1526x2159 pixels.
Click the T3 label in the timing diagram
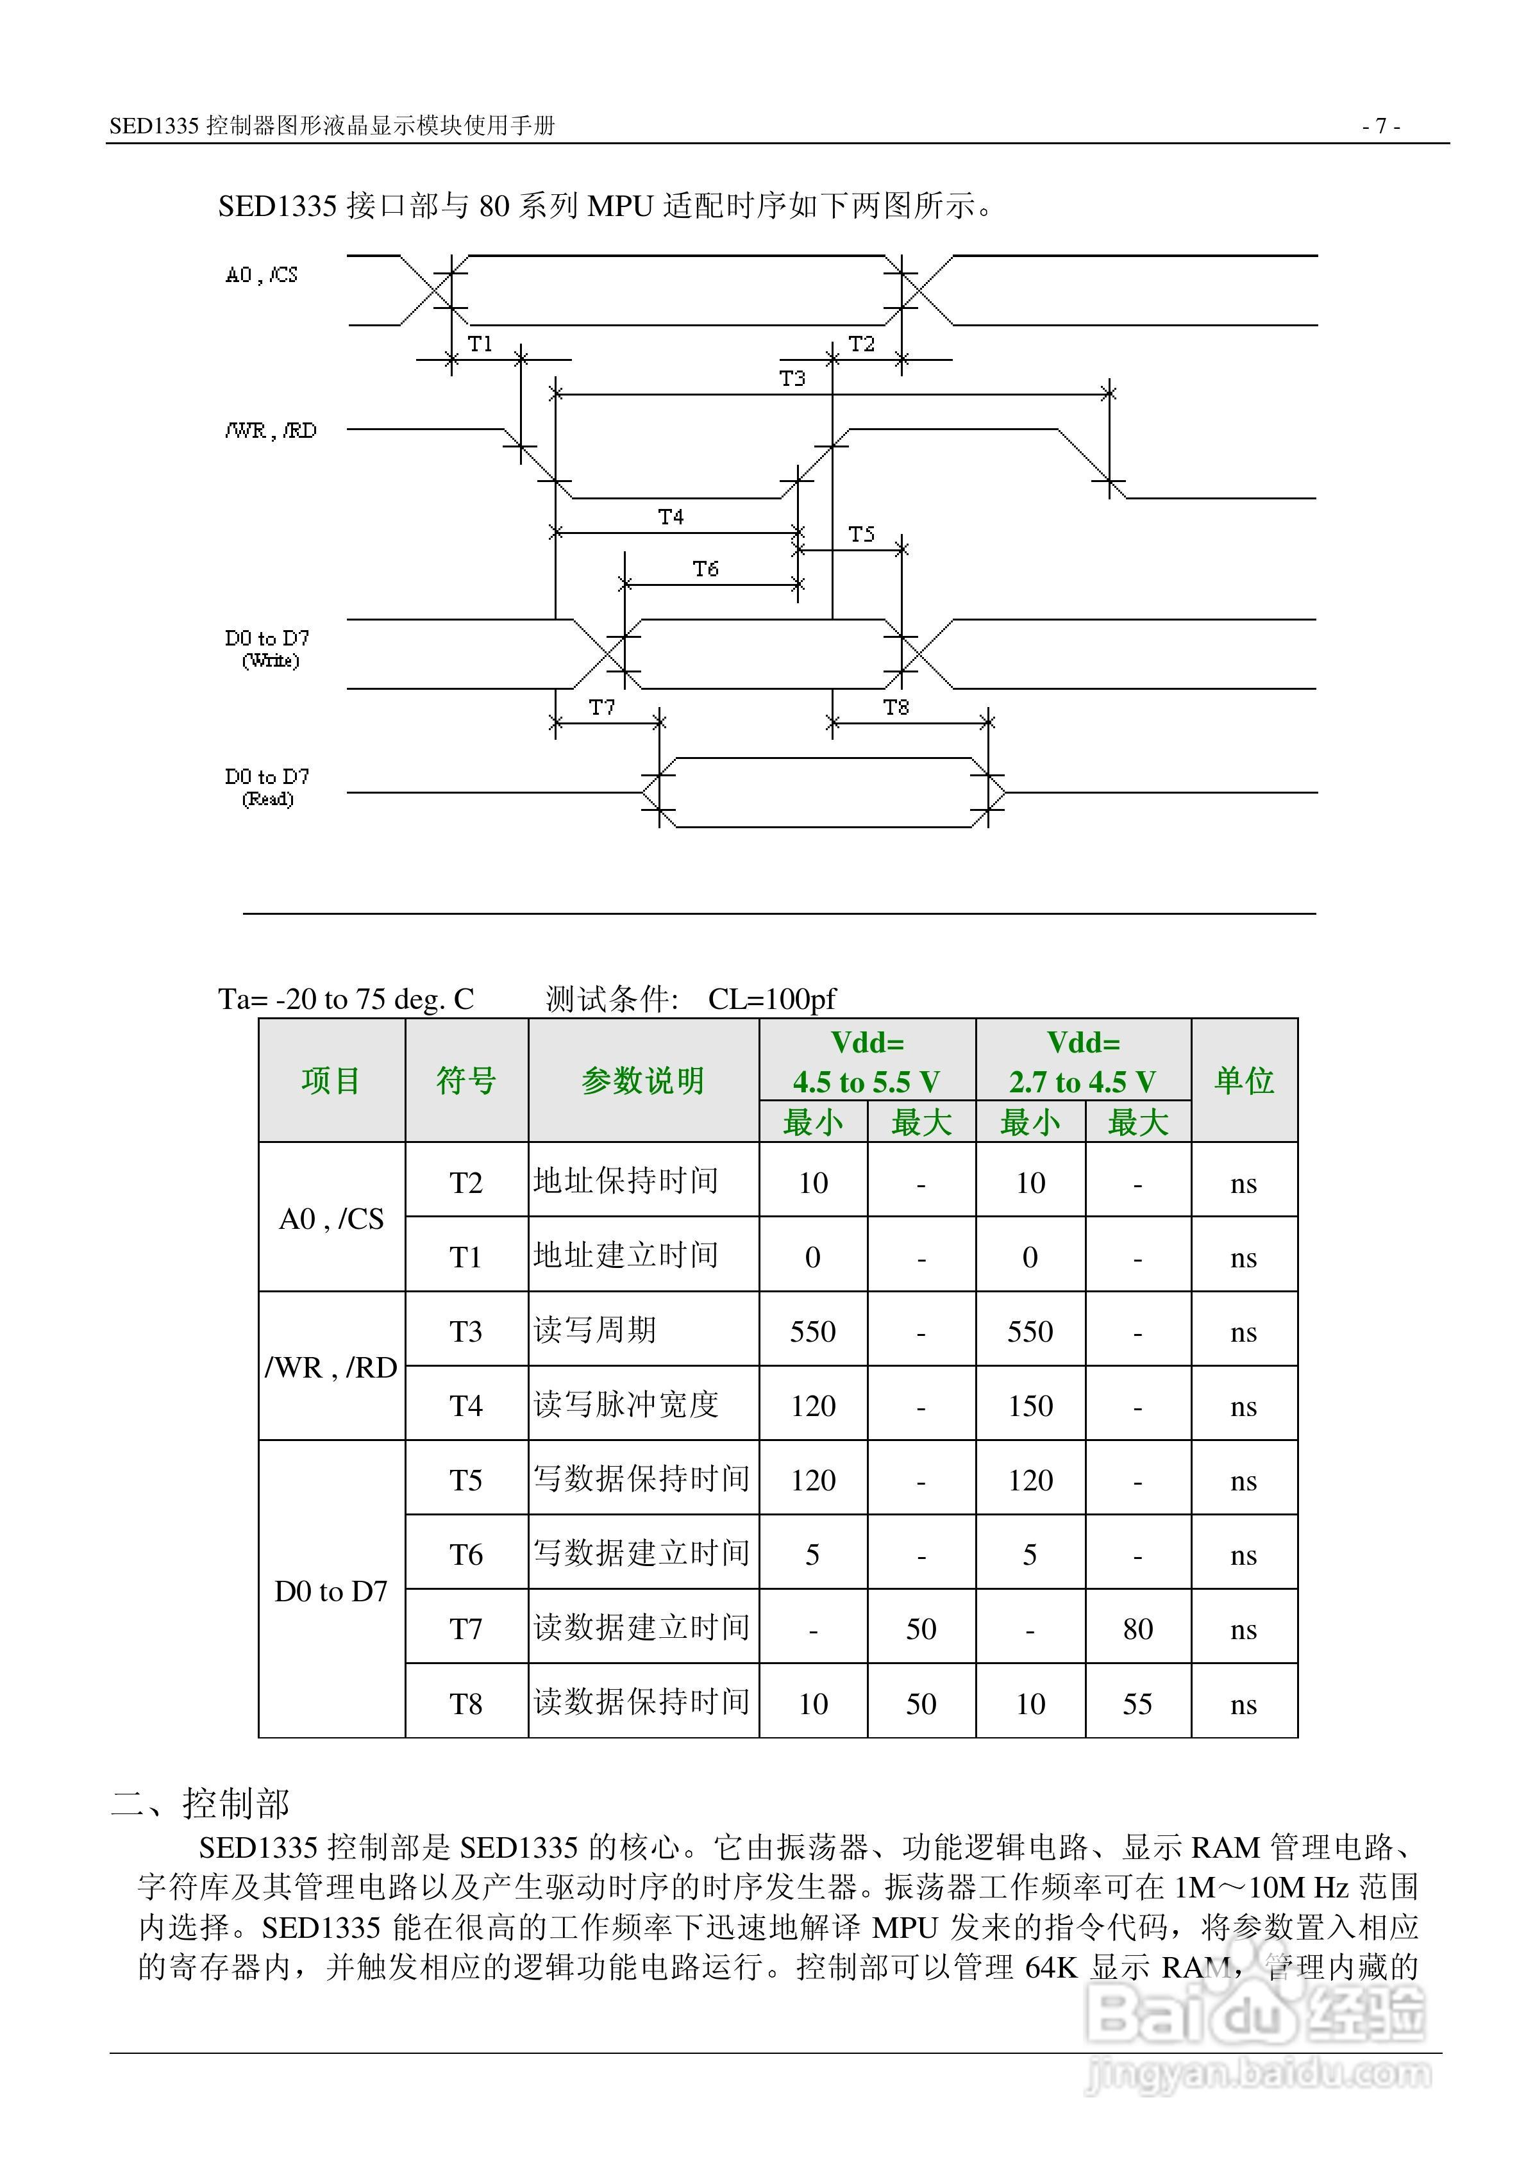click(792, 378)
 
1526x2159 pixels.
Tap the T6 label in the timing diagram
click(705, 569)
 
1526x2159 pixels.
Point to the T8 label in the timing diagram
click(896, 707)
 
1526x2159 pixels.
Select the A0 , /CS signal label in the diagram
click(262, 274)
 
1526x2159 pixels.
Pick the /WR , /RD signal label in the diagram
click(271, 431)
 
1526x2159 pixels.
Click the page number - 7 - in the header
click(1381, 125)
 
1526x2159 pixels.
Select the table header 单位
click(1244, 1080)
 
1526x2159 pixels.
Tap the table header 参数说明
click(642, 1080)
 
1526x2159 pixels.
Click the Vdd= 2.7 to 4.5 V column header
click(1083, 1062)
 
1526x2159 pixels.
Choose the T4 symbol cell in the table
click(465, 1406)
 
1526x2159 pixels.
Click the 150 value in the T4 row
click(1030, 1406)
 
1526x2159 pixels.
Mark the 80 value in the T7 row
click(1137, 1629)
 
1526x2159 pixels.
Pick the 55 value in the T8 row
click(1137, 1704)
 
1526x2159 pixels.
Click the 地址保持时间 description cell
click(626, 1181)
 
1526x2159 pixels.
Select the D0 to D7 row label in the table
click(331, 1591)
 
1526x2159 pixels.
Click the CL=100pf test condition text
click(771, 999)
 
